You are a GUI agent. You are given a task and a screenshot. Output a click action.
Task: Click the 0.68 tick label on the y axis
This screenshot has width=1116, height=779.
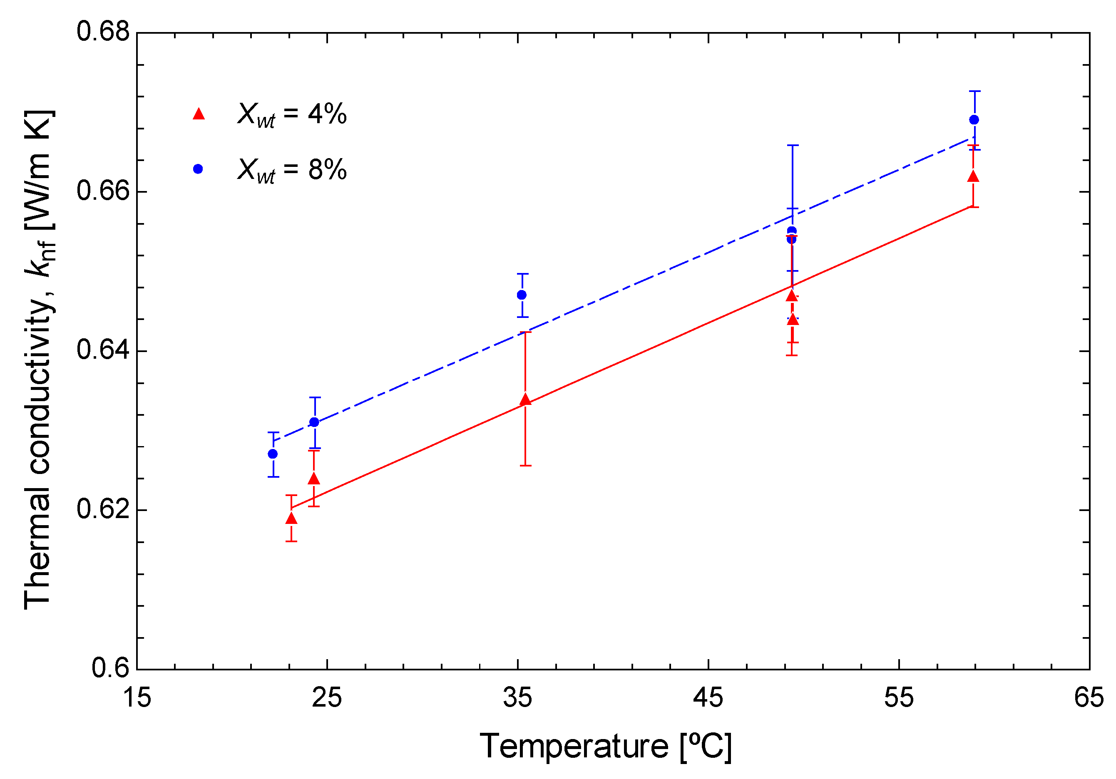coord(103,32)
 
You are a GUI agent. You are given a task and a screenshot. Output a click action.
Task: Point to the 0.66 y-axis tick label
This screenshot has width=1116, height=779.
coord(103,191)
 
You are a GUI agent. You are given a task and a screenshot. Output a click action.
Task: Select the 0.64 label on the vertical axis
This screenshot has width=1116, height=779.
coord(103,350)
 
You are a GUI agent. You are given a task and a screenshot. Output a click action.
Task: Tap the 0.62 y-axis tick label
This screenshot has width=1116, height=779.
coord(103,509)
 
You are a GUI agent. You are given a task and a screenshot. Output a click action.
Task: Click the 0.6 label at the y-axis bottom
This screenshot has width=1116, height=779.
coord(111,668)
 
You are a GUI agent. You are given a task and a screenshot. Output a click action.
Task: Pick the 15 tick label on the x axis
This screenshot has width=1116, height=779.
coord(137,698)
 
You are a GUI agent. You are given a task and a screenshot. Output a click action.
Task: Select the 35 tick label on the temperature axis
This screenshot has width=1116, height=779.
coord(518,698)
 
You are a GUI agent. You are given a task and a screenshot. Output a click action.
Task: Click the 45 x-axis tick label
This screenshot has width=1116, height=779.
coord(708,698)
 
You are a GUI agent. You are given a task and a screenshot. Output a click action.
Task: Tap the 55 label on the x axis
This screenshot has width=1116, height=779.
coord(899,698)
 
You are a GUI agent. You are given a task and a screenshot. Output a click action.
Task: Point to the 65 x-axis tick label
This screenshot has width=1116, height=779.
coord(1089,698)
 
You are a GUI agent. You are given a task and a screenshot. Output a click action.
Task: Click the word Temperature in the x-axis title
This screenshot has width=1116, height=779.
coord(574,747)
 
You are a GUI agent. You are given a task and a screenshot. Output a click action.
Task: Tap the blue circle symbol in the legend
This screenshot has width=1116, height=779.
coord(198,169)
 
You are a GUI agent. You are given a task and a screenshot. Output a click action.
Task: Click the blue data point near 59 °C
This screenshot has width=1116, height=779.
coord(974,119)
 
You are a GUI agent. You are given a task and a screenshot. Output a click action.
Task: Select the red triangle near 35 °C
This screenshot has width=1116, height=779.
coord(525,399)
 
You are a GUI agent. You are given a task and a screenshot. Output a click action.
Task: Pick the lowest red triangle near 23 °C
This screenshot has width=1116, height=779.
coord(291,519)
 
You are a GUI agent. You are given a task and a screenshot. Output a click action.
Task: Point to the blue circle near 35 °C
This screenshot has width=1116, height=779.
coord(522,295)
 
